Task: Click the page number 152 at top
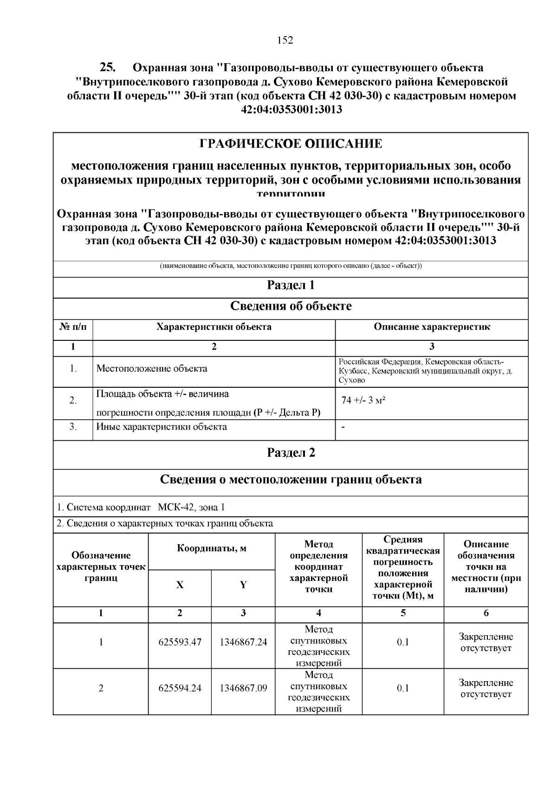285,40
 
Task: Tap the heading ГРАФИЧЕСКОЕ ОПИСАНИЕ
291,143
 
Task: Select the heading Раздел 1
291,285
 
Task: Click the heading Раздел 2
291,453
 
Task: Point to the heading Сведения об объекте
291,306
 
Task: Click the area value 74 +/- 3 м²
363,400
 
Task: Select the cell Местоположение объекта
151,369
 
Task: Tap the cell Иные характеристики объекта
161,427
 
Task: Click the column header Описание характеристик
432,327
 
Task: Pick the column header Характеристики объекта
214,327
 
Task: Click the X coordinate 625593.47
180,643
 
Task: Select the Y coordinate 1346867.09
243,688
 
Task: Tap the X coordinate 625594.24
180,688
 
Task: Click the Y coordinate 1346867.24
243,643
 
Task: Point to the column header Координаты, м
212,548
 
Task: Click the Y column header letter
243,585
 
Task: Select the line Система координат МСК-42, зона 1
141,507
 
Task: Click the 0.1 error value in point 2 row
402,688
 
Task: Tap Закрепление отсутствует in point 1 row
486,643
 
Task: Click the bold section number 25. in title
108,67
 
